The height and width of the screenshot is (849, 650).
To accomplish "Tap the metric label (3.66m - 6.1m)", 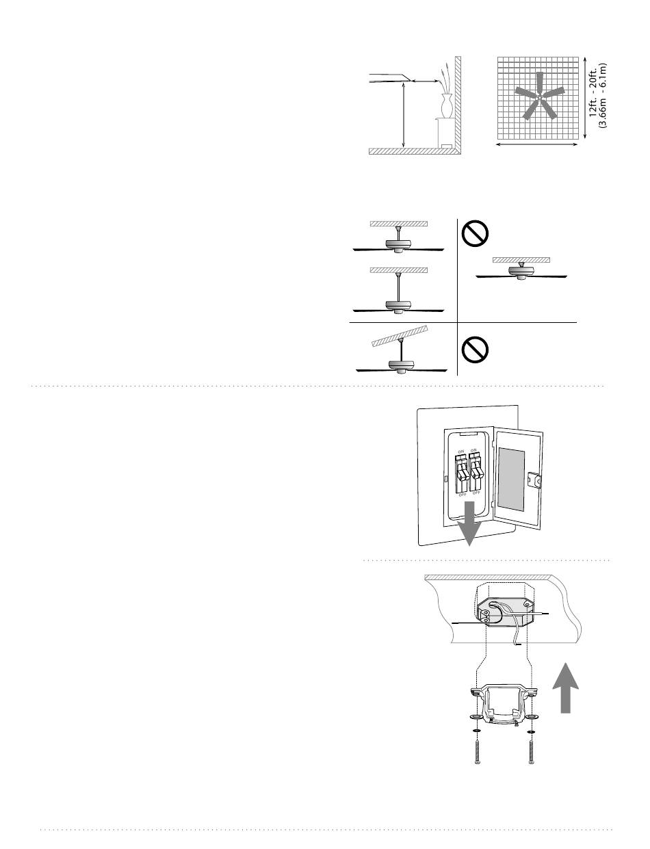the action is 603,95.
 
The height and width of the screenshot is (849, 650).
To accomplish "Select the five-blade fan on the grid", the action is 539,96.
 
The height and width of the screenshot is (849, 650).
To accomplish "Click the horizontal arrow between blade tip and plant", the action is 426,81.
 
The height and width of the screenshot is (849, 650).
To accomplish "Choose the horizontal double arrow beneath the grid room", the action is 536,144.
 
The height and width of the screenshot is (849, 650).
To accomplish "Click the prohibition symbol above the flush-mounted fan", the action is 475,233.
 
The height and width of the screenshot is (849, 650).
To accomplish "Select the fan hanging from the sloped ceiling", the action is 401,353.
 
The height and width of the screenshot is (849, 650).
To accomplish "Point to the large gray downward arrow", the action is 469,523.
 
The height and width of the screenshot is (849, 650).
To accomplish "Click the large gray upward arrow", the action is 566,688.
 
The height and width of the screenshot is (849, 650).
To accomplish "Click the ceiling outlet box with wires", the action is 504,612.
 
